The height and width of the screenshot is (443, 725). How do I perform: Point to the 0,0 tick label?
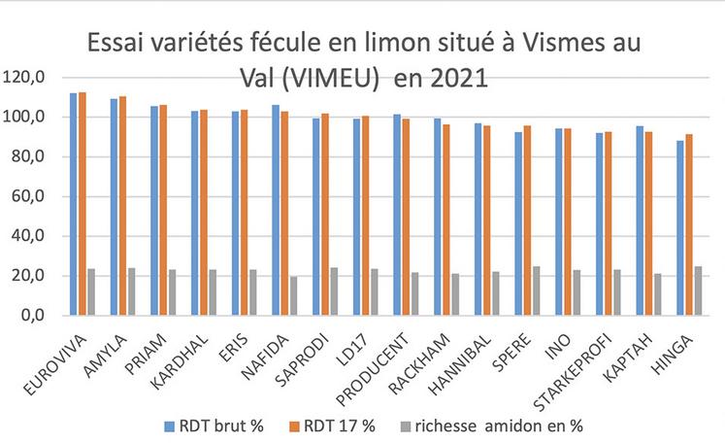pyautogui.click(x=28, y=316)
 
